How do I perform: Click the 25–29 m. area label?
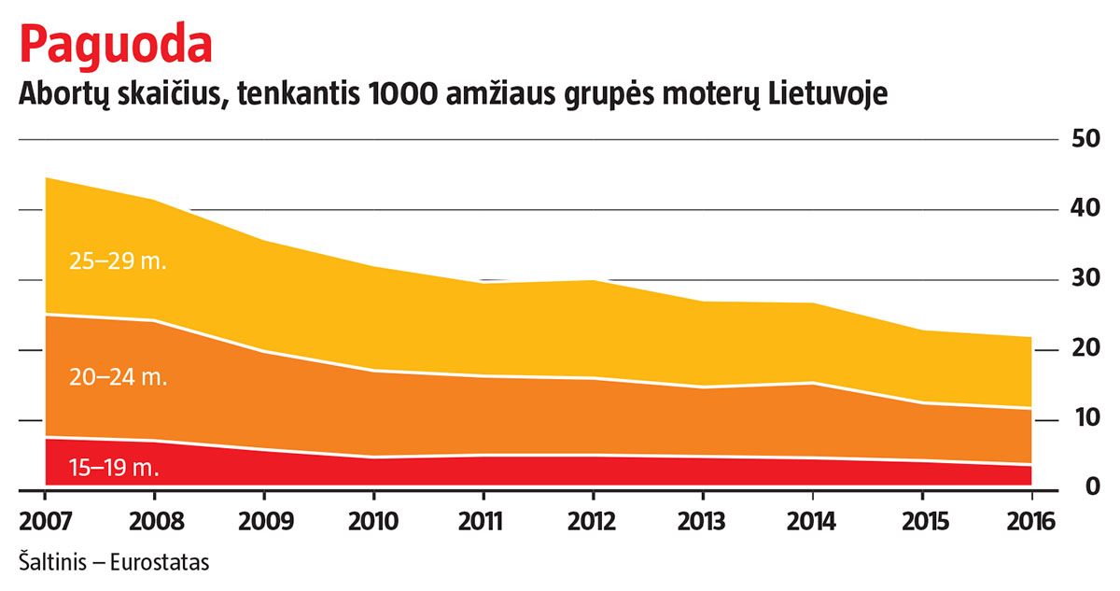(118, 261)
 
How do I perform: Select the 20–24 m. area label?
(118, 377)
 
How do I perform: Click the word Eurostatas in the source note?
(160, 563)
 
